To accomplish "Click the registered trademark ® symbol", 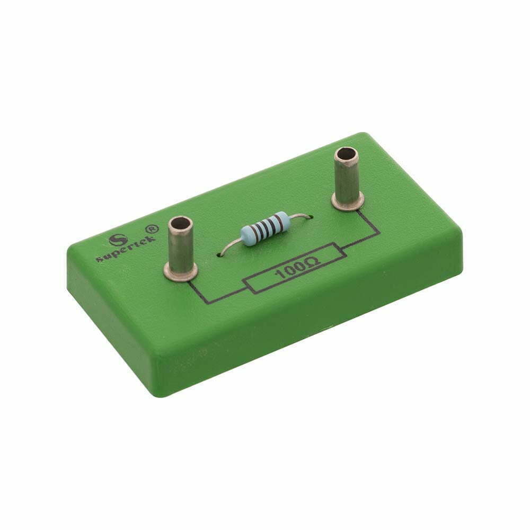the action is [x=152, y=229].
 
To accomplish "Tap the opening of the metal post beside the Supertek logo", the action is [x=181, y=224].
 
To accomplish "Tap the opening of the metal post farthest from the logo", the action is [x=346, y=155].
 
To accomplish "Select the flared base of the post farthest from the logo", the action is [x=348, y=201].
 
